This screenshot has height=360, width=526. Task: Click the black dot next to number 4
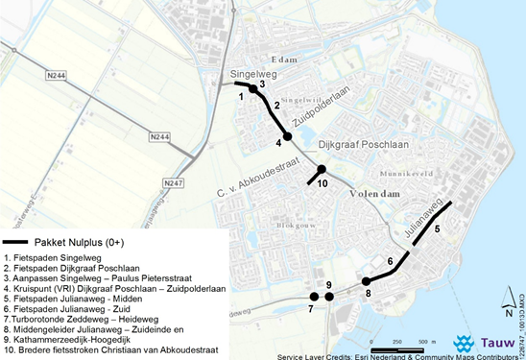click(x=287, y=136)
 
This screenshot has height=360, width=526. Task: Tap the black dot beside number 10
click(x=322, y=169)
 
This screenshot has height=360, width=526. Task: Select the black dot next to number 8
click(x=367, y=281)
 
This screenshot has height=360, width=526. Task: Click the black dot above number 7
click(x=313, y=297)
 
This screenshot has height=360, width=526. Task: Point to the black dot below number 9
click(x=329, y=297)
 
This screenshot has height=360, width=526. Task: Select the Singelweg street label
click(x=251, y=74)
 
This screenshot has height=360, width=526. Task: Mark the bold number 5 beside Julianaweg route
click(x=436, y=229)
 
